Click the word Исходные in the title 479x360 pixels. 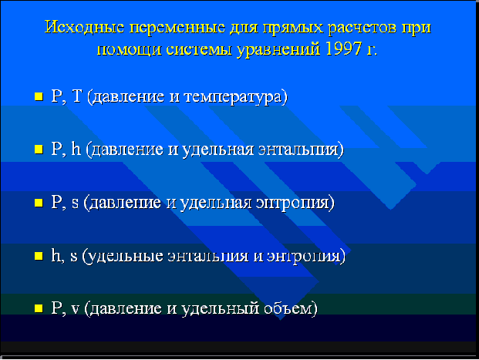click(x=84, y=28)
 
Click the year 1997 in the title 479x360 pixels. click(x=343, y=49)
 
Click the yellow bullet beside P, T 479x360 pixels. click(x=39, y=96)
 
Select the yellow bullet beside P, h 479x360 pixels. click(x=39, y=149)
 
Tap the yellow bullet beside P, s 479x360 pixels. click(x=39, y=203)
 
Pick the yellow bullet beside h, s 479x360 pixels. click(x=39, y=256)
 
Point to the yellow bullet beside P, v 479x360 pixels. click(x=39, y=308)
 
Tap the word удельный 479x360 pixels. click(x=221, y=308)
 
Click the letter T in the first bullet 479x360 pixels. click(x=76, y=96)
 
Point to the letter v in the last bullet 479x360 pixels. click(x=75, y=309)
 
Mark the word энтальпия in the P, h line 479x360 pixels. click(x=299, y=150)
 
